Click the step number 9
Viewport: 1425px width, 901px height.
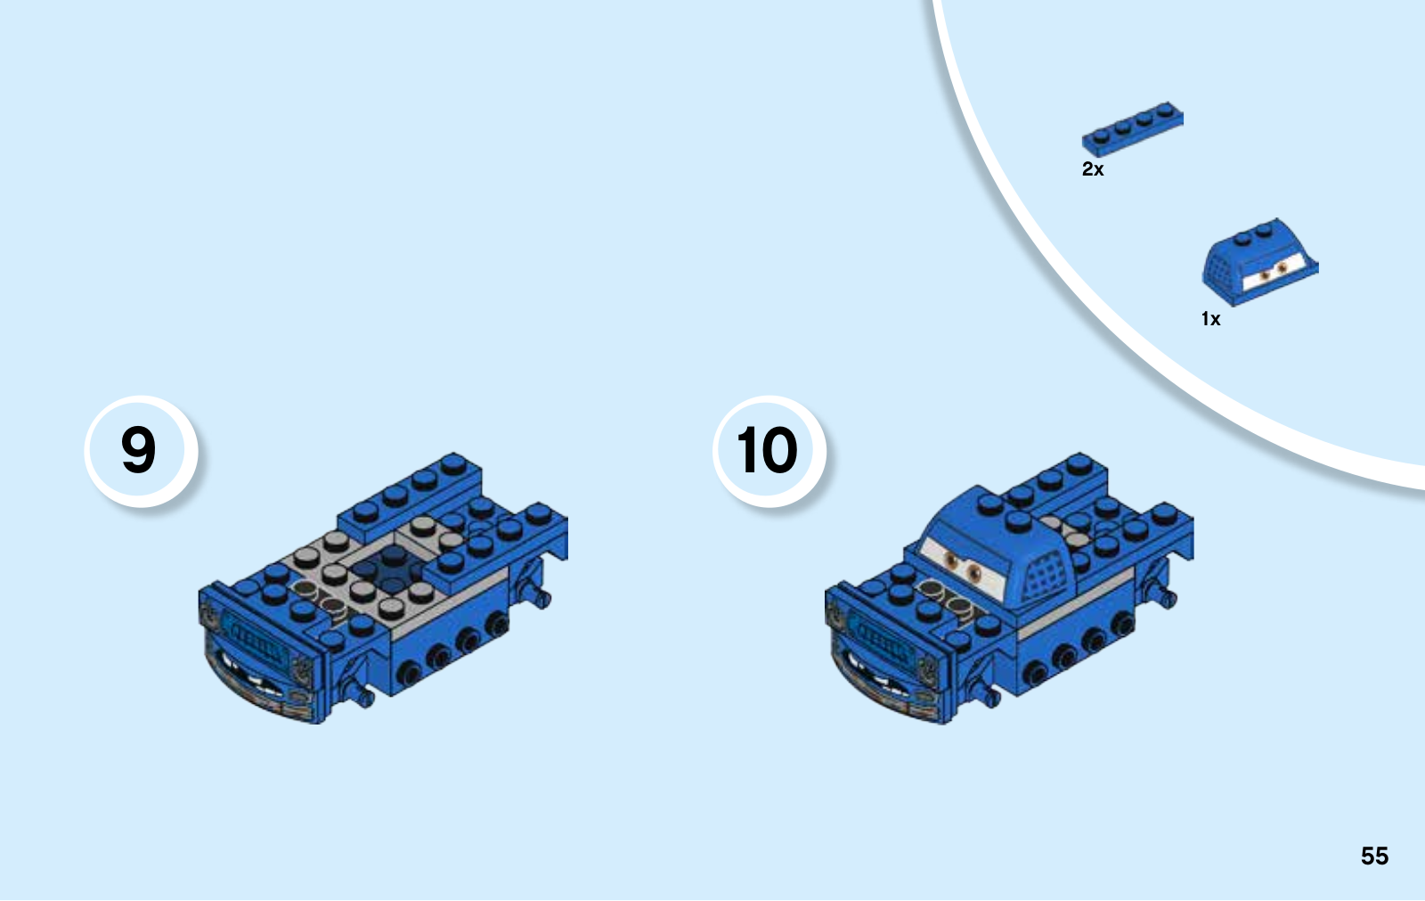click(138, 449)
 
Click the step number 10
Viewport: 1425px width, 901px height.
click(767, 449)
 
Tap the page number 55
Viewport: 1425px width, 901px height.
click(1375, 856)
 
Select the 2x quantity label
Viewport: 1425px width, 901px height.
click(1093, 168)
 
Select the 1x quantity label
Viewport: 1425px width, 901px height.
click(1210, 318)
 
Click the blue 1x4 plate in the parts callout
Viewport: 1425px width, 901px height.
click(1132, 128)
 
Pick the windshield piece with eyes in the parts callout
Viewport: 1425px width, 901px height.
click(1259, 262)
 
